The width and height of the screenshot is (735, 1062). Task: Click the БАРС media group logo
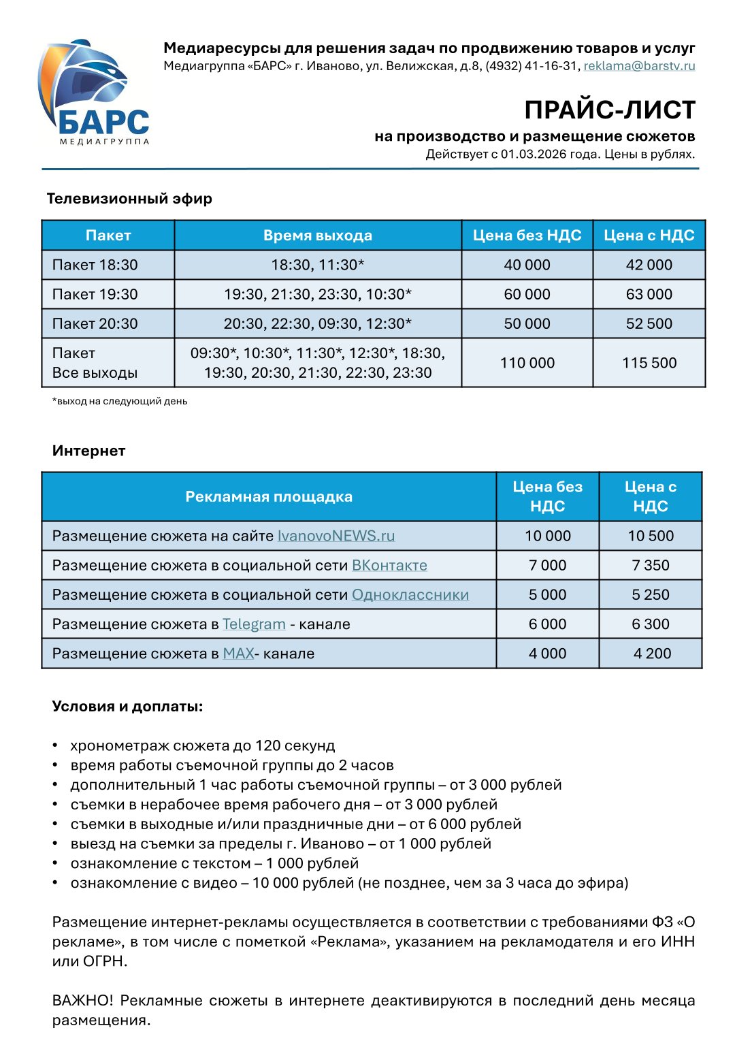pyautogui.click(x=93, y=92)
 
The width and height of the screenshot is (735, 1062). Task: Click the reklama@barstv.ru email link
pyautogui.click(x=639, y=66)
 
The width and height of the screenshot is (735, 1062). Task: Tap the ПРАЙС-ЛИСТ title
pyautogui.click(x=609, y=110)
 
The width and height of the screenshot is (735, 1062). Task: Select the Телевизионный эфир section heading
pyautogui.click(x=129, y=199)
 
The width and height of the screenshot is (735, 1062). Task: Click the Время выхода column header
pyautogui.click(x=318, y=236)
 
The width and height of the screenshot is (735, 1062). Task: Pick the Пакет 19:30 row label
pyautogui.click(x=95, y=294)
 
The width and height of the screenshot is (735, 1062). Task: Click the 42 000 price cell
pyautogui.click(x=649, y=265)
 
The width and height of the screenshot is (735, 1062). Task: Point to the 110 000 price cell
pyautogui.click(x=527, y=363)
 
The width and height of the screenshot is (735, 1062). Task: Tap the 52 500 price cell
pyautogui.click(x=649, y=323)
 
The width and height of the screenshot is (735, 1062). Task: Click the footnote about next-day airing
pyautogui.click(x=120, y=401)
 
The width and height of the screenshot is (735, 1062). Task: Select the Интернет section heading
pyautogui.click(x=88, y=451)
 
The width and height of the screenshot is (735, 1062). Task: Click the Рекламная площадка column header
pyautogui.click(x=269, y=497)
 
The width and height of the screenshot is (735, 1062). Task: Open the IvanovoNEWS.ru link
pyautogui.click(x=336, y=536)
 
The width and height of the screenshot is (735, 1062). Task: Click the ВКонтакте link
pyautogui.click(x=389, y=565)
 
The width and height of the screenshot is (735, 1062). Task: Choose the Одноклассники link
pyautogui.click(x=410, y=594)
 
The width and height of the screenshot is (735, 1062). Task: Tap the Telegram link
pyautogui.click(x=254, y=624)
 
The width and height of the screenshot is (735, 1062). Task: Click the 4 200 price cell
pyautogui.click(x=651, y=654)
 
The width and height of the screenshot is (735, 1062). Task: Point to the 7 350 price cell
pyautogui.click(x=650, y=565)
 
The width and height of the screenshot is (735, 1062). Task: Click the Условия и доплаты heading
pyautogui.click(x=127, y=706)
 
